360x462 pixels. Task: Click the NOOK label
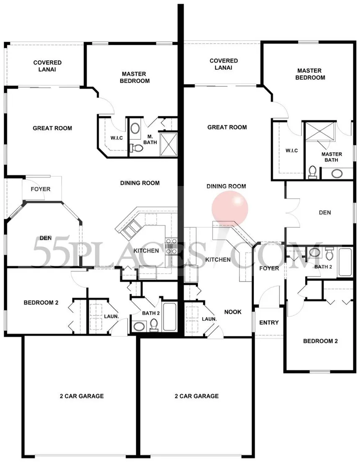(x=233, y=312)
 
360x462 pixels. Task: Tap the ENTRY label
(x=269, y=323)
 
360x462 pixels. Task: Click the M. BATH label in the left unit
(x=150, y=139)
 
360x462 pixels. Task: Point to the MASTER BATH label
(x=332, y=157)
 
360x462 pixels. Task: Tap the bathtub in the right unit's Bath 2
(x=345, y=262)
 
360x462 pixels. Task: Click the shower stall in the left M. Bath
(x=168, y=144)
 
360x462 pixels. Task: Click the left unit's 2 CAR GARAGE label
(x=82, y=396)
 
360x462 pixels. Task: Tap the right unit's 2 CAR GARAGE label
(x=197, y=396)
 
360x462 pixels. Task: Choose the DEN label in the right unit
(x=325, y=212)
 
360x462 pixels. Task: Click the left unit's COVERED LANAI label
(x=47, y=66)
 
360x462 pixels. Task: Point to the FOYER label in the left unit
(x=41, y=189)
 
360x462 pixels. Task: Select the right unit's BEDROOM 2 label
(x=320, y=341)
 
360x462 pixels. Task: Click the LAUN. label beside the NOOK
(x=209, y=319)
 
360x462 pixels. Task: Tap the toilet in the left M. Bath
(x=136, y=148)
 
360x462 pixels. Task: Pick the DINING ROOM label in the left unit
(x=140, y=183)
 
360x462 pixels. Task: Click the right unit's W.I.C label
(x=292, y=150)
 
